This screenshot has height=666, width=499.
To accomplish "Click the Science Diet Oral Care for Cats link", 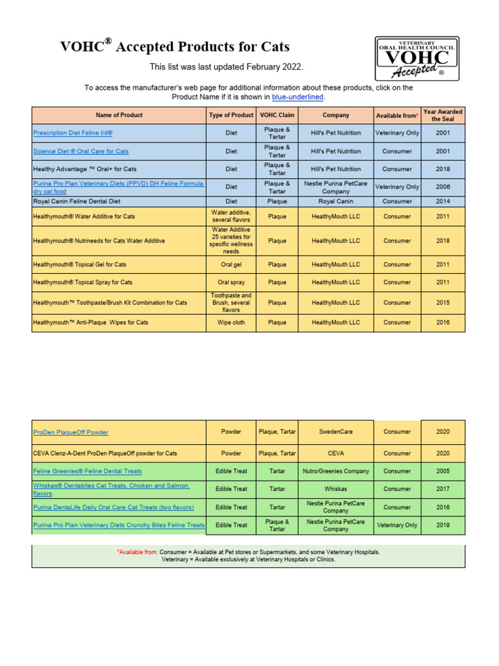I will (81, 151).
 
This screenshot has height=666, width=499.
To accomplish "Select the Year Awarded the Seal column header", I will (442, 115).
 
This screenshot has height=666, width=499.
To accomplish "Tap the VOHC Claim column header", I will (277, 115).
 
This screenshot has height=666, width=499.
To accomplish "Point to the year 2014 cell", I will (442, 202).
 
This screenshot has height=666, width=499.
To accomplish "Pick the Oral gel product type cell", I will (231, 265).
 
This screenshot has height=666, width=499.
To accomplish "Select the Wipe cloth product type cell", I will (231, 323).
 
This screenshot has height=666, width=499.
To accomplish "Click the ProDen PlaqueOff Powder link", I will (71, 432).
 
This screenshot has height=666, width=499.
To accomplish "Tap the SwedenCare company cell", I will (335, 432).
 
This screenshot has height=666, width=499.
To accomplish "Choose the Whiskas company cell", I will (335, 489).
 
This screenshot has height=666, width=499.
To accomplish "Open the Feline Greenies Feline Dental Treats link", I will (87, 471).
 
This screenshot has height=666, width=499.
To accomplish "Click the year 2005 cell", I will (442, 471).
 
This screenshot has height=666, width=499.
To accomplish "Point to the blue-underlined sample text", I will (297, 97).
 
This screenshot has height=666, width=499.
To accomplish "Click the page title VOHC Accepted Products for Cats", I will (175, 47).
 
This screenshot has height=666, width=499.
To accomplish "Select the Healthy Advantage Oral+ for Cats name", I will (84, 169).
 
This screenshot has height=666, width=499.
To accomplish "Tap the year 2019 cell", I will (442, 525).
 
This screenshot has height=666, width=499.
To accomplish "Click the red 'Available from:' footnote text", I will (137, 552).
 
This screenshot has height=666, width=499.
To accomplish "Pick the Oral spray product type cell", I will (231, 282).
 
